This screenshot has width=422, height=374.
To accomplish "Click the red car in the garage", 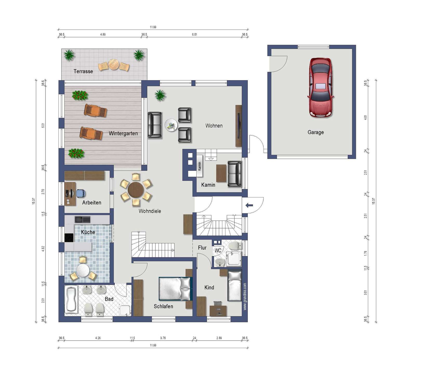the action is (x=321, y=88).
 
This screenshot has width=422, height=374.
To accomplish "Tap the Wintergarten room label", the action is (x=123, y=133).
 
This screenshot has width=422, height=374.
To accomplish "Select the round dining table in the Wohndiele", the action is (x=136, y=190).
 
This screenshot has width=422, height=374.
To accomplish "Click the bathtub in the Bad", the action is (x=71, y=299).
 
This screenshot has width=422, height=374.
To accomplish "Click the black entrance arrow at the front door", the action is (x=249, y=206).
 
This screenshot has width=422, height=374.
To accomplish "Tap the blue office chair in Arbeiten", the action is (x=81, y=193).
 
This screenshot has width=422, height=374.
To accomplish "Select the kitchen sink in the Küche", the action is (x=82, y=219).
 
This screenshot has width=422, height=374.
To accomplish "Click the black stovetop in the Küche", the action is (x=69, y=238).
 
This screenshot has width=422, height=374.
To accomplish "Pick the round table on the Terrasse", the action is (x=114, y=64).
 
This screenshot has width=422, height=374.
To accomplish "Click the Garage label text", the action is (x=316, y=132).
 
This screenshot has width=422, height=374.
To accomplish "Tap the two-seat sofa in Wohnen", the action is (x=155, y=125).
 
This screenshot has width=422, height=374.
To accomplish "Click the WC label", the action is (x=218, y=250).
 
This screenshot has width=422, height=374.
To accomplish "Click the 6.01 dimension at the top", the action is (x=194, y=34).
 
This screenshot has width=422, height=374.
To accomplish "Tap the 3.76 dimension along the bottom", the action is (x=163, y=338).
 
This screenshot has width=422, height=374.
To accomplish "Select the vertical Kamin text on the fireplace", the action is (x=200, y=166).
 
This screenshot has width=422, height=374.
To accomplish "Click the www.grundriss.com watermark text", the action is (x=245, y=296).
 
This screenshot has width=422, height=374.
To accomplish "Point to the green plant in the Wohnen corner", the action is (x=160, y=95).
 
